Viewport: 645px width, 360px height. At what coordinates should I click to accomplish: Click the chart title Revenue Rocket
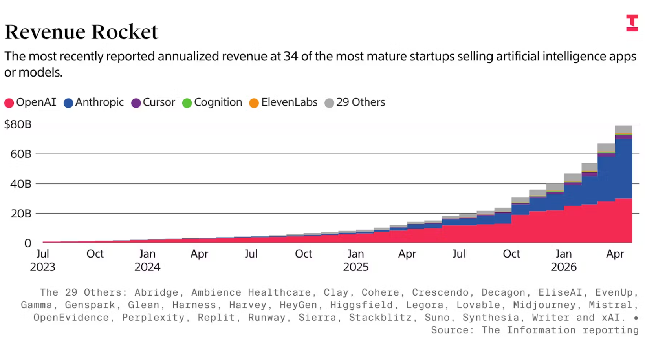point(81,32)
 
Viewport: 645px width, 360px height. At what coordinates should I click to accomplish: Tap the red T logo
point(632,22)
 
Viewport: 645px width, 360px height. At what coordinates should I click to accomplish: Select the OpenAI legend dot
point(9,103)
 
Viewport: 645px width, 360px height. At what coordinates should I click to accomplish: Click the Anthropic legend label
point(99,102)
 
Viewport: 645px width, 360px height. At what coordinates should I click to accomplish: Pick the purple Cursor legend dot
point(136,103)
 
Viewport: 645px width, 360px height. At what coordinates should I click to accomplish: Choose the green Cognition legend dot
point(187,103)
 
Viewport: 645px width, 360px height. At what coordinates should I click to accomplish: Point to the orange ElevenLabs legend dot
point(254,103)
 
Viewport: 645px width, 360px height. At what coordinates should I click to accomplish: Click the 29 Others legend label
point(361,102)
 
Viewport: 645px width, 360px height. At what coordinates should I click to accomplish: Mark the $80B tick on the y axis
point(18,124)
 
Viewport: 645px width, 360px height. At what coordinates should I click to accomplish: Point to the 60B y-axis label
point(21,154)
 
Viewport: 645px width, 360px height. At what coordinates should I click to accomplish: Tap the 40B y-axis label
point(21,184)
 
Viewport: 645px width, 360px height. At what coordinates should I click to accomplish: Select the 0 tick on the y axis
point(27,243)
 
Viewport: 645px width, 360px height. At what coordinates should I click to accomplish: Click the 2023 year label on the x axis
point(42,267)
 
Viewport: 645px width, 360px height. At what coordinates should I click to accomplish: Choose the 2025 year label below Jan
point(356,267)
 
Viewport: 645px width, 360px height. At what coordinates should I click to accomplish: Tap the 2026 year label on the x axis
point(564,267)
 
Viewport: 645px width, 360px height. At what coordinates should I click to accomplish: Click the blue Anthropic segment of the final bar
point(624,169)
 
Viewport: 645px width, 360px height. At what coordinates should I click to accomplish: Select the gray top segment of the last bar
point(624,130)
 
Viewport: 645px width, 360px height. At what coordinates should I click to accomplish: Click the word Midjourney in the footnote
point(544,305)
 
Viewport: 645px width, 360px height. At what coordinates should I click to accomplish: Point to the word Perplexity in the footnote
point(153,318)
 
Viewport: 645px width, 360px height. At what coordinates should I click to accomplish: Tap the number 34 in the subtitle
point(291,56)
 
